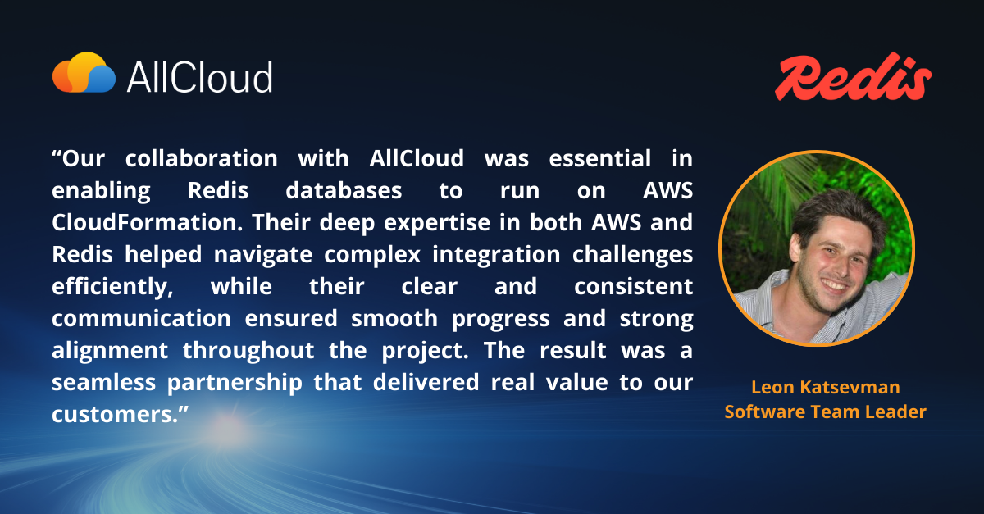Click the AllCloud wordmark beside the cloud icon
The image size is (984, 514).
pos(199,77)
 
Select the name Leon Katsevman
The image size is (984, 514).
pos(825,387)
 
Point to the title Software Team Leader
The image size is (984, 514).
pos(825,412)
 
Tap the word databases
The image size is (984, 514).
pos(344,191)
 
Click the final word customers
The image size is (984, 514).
pos(112,415)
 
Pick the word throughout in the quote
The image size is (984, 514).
pos(248,351)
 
